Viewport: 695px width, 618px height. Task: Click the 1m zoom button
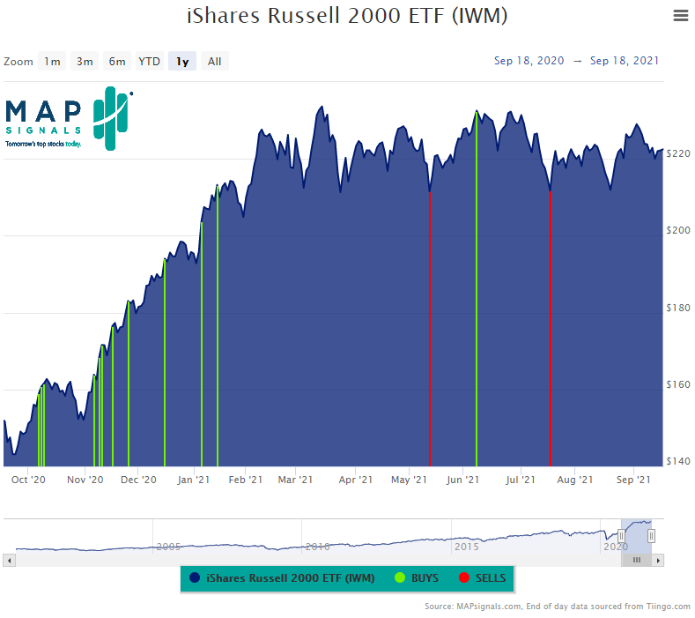click(53, 61)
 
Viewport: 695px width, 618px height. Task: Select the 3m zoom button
click(85, 61)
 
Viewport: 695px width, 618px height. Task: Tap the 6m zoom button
click(117, 61)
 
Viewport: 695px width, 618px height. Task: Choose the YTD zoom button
click(150, 61)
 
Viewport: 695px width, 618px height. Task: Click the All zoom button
click(214, 61)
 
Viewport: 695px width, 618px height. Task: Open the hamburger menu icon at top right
click(679, 15)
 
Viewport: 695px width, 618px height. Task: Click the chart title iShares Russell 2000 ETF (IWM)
click(347, 17)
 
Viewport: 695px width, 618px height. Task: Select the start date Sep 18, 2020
click(529, 61)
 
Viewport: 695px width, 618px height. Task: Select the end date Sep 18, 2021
click(625, 61)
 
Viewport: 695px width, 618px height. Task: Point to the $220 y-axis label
click(678, 153)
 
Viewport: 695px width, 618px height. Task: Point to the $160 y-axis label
click(678, 384)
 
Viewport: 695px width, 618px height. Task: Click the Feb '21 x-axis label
click(245, 480)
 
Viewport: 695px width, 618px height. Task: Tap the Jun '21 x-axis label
click(462, 480)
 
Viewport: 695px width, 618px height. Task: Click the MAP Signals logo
click(69, 117)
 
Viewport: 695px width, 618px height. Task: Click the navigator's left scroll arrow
click(9, 560)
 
